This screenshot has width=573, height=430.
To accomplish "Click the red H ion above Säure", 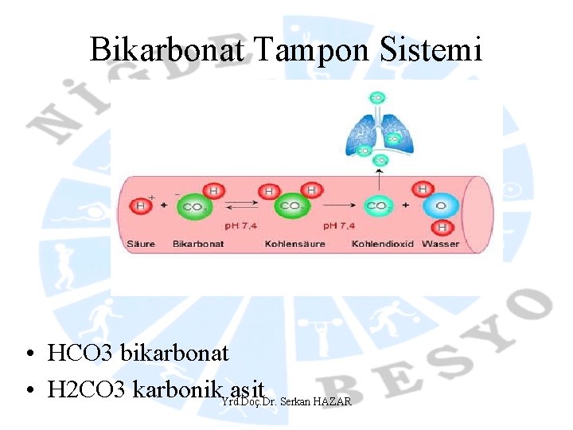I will [x=142, y=207].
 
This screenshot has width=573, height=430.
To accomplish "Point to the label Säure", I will [x=141, y=244].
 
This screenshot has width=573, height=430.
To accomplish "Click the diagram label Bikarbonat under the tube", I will [x=195, y=244].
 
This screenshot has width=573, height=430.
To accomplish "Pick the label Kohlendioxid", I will [x=383, y=244].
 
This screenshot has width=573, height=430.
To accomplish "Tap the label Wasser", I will [x=440, y=244].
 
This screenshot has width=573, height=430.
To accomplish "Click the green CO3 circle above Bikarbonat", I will [x=193, y=207].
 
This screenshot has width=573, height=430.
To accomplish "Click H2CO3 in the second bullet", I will [x=88, y=390].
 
